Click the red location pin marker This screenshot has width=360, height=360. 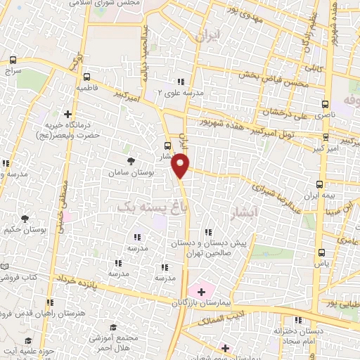pyautogui.click(x=181, y=165)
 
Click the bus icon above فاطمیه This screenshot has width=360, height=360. pyautogui.click(x=86, y=77)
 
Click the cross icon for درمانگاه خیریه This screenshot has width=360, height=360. pyautogui.click(x=67, y=114)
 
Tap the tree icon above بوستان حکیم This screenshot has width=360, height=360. pyautogui.click(x=25, y=219)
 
